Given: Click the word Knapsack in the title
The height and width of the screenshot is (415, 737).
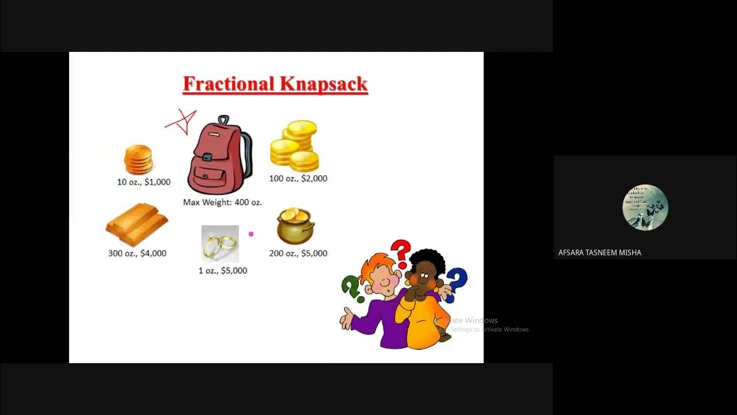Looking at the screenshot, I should [324, 84].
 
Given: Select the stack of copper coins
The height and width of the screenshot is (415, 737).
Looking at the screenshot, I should [138, 159].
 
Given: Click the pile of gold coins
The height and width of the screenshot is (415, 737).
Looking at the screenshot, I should [295, 146].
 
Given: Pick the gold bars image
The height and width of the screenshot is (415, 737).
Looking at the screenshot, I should [136, 224].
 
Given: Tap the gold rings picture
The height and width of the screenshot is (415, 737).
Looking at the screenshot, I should [220, 244].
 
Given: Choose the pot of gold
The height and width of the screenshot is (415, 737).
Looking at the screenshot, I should [295, 225].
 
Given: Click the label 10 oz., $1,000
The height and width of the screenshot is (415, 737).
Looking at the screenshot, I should [143, 182].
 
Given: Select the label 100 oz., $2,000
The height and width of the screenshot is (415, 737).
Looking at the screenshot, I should [298, 179].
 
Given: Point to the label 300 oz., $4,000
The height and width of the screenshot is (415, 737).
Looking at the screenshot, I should [137, 254].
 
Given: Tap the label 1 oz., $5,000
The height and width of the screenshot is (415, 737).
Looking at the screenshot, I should [222, 271].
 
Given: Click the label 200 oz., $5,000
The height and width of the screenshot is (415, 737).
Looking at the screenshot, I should [298, 254].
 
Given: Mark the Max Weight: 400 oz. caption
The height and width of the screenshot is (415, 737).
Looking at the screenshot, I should [222, 202].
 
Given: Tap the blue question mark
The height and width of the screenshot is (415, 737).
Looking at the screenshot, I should [457, 284].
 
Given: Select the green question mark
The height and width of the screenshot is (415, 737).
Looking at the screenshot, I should [351, 288].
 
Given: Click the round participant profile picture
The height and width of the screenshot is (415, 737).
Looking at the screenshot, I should [645, 207].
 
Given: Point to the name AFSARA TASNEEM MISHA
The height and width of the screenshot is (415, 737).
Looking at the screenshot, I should [599, 252].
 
